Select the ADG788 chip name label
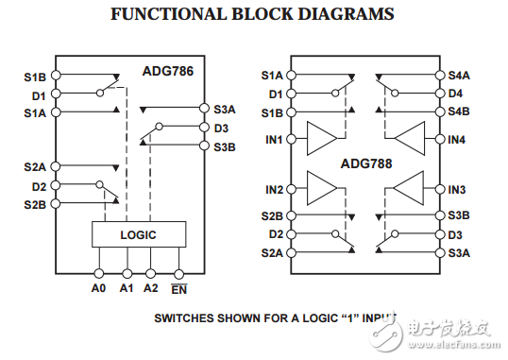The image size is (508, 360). (x=367, y=163)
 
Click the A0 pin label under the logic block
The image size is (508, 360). (x=99, y=287)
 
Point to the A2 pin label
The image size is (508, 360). (x=151, y=287)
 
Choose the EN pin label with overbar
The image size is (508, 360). (x=178, y=288)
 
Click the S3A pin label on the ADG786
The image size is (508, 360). (x=225, y=110)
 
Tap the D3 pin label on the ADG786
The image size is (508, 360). (x=221, y=128)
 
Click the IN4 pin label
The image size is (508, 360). (x=457, y=140)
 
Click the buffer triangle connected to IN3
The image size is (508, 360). (x=407, y=189)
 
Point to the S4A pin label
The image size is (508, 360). (x=459, y=75)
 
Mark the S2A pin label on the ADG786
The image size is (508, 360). (x=35, y=167)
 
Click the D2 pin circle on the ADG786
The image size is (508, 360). (x=56, y=186)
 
